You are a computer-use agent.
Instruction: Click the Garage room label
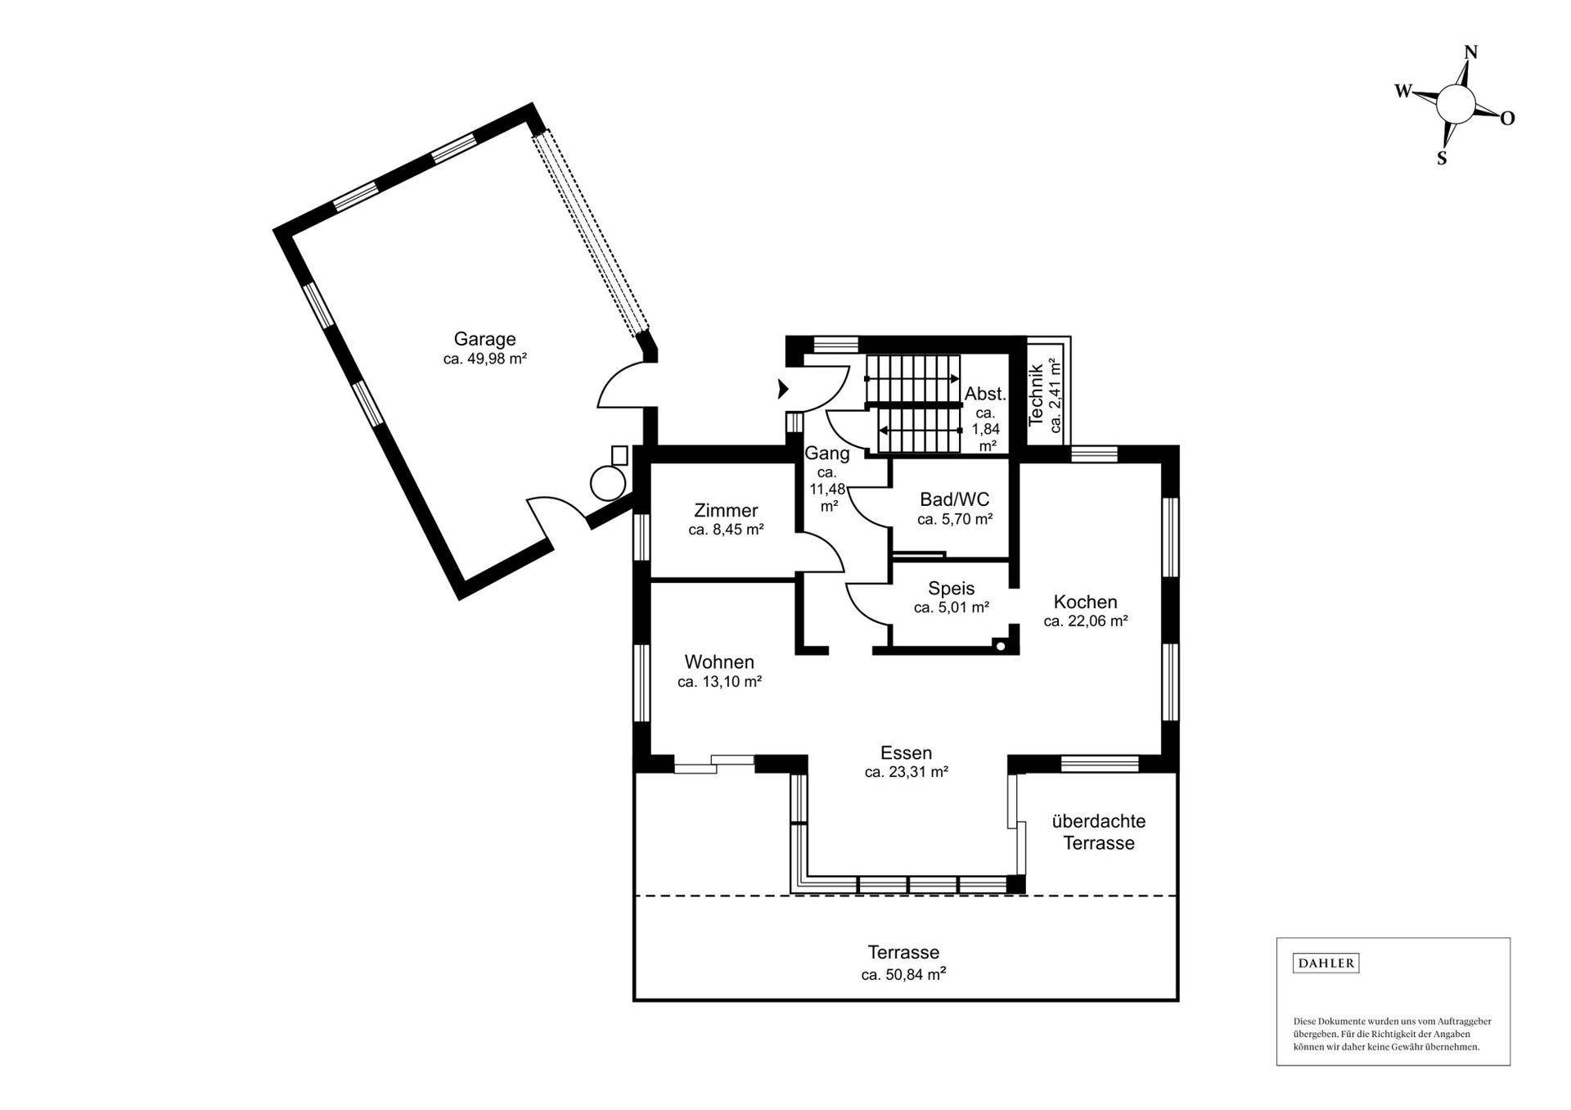[484, 339]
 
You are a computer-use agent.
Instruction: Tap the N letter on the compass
[1470, 52]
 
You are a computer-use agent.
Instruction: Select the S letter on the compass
[1442, 159]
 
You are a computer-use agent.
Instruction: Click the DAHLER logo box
[1326, 963]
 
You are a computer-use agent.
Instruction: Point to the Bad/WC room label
[954, 499]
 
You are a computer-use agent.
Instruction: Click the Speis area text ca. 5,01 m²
[952, 607]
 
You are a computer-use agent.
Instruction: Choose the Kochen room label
[1085, 602]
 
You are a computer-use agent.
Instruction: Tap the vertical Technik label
[1036, 396]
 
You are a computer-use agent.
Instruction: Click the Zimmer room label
[726, 511]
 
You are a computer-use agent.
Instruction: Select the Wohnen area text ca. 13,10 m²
[720, 681]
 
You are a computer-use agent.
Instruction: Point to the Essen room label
[906, 752]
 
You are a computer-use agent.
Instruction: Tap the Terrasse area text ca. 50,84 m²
[903, 974]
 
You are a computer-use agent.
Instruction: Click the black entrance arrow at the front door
[782, 389]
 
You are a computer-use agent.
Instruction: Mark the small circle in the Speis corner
[1000, 645]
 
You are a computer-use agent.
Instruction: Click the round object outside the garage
[608, 482]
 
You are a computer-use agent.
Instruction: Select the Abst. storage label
[985, 394]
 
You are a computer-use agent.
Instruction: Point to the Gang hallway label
[827, 453]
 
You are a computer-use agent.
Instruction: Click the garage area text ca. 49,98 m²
[484, 359]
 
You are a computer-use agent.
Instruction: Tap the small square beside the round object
[619, 455]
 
